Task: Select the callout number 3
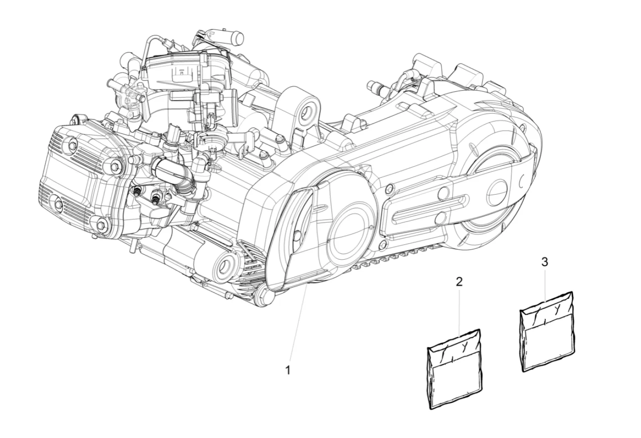coord(545,262)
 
